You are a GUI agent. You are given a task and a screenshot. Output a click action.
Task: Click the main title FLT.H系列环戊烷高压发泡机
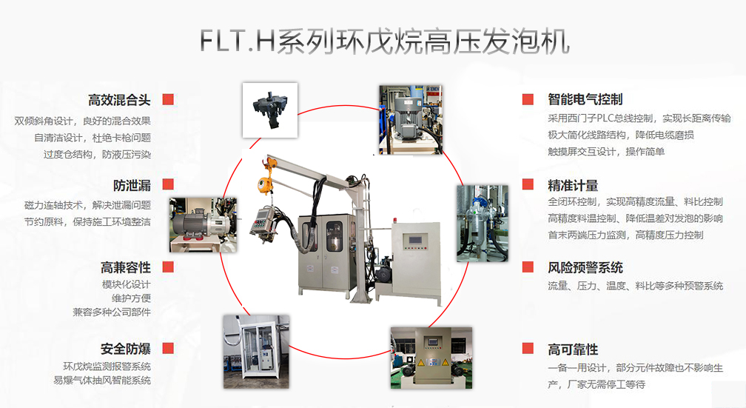(384, 42)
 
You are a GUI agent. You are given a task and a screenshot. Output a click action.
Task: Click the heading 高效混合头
(119, 100)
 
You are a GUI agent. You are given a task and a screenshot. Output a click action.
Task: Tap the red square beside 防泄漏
(168, 184)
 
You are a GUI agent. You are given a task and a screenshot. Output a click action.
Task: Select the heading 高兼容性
(126, 267)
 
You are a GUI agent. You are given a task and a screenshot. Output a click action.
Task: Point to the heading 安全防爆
(126, 349)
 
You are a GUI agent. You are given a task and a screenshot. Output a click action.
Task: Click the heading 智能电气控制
(585, 99)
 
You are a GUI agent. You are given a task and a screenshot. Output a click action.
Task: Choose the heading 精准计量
(573, 186)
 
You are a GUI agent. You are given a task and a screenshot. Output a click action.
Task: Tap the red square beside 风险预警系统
(528, 267)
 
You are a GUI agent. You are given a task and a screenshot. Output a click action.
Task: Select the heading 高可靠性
(573, 350)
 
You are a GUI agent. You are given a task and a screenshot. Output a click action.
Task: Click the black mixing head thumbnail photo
(270, 110)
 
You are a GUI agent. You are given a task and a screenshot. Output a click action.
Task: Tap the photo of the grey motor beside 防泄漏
(203, 224)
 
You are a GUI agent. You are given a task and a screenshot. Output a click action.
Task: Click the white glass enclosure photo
(256, 351)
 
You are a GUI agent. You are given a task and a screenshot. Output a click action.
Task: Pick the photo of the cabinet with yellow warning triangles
(431, 358)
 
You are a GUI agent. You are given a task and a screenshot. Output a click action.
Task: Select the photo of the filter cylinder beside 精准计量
(483, 224)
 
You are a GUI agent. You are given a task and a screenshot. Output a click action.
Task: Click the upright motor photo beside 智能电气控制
(411, 120)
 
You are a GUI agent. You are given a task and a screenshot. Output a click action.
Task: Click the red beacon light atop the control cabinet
(394, 221)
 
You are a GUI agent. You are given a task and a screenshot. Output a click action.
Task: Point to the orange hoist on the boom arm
(264, 181)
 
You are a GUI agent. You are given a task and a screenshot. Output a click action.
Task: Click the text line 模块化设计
(126, 284)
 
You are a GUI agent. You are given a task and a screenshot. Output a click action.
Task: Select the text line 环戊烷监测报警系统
(107, 366)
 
